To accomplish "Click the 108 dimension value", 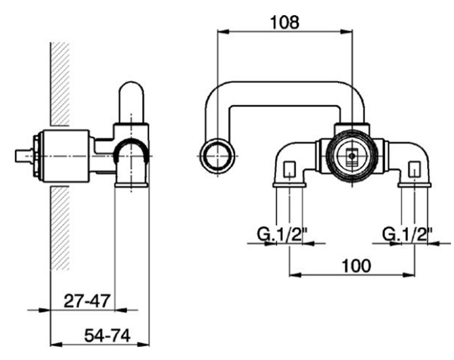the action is [284, 22].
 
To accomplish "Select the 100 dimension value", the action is [356, 266].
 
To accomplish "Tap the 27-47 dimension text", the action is [87, 301].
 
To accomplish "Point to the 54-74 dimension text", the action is [107, 336].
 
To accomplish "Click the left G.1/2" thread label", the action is [282, 234].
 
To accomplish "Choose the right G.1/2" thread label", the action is [407, 234].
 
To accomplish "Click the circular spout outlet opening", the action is [217, 156].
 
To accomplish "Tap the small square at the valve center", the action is [352, 156].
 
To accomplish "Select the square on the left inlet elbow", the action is [290, 169].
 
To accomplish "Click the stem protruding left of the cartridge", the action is [24, 156].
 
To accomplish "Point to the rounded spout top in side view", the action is [132, 102].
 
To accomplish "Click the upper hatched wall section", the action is [60, 84].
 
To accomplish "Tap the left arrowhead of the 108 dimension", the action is [223, 32].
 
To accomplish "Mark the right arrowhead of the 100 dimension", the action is [409, 274].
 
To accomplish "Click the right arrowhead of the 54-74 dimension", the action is [143, 345].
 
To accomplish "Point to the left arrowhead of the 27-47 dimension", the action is [44, 310].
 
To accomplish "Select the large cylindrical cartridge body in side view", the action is [65, 156].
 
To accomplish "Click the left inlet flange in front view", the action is [290, 185].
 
